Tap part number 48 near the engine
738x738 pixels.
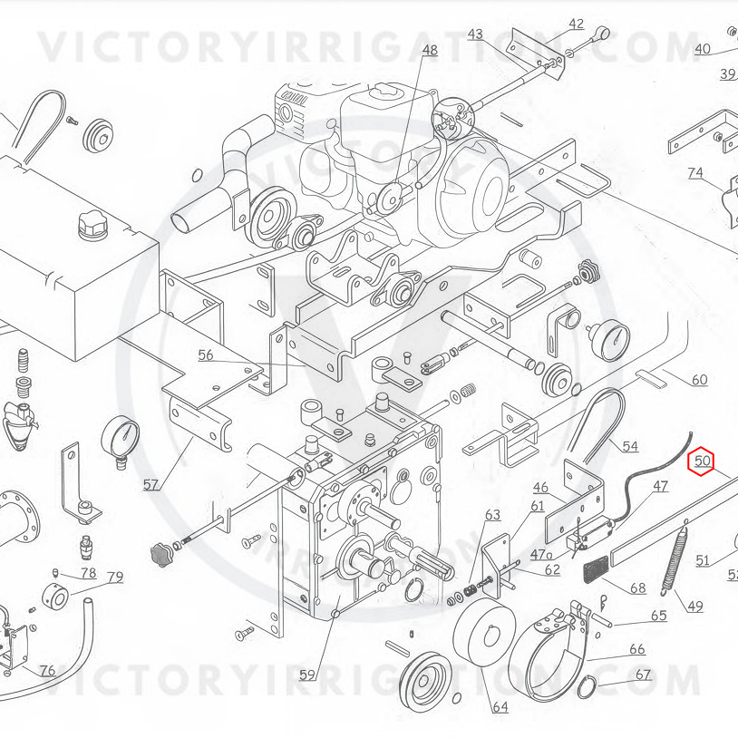point(429,50)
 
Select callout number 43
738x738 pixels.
point(475,34)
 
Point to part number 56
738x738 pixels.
point(206,355)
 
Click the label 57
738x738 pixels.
point(151,484)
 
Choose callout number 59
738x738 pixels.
point(307,675)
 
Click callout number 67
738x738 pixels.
point(643,675)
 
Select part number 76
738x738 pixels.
point(47,671)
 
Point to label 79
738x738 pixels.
point(115,578)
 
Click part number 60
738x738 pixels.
point(699,380)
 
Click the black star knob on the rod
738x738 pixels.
point(160,550)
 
